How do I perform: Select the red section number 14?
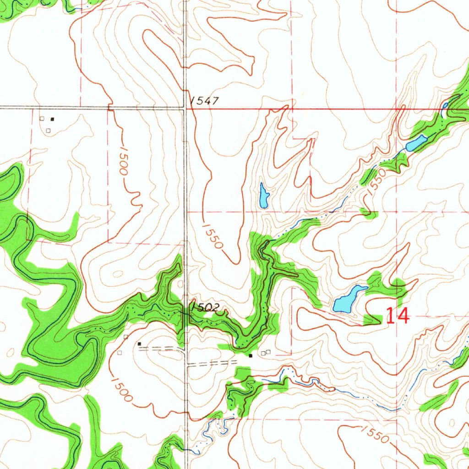click(397, 316)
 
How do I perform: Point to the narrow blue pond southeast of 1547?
click(264, 196)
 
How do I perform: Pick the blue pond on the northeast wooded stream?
click(416, 143)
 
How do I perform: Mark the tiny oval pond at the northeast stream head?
click(444, 106)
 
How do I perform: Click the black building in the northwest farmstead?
click(52, 119)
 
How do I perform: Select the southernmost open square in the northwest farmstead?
click(48, 130)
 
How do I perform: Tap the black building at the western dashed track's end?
click(139, 344)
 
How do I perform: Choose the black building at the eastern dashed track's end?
click(251, 355)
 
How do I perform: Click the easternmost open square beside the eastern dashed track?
click(268, 352)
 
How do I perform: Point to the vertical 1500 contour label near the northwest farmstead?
click(122, 160)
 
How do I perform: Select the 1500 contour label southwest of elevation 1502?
click(121, 389)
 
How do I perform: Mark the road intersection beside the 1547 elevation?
click(185, 109)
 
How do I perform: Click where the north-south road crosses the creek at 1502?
click(185, 314)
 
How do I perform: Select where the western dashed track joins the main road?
click(184, 349)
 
